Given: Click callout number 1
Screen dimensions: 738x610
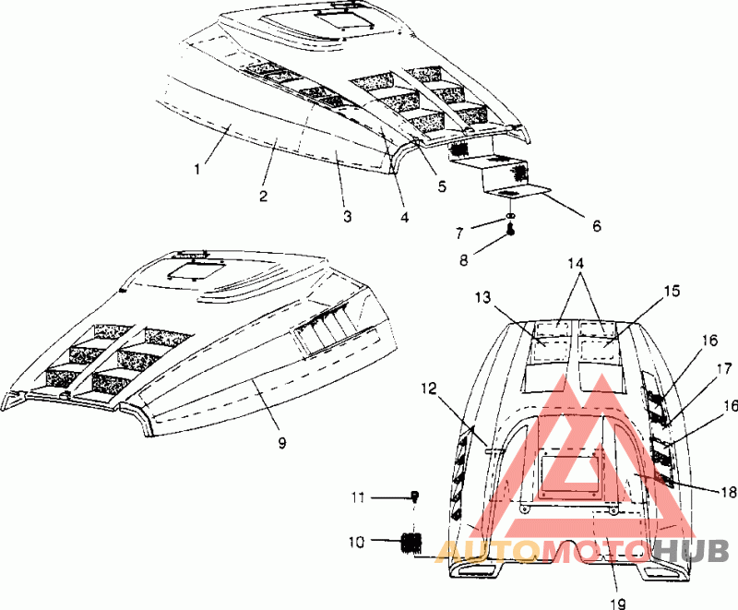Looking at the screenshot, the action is [x=197, y=170].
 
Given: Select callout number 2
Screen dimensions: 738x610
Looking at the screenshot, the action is [x=263, y=196].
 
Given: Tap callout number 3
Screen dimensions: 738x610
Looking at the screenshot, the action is [x=347, y=216].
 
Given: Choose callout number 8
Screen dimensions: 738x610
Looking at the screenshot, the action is [x=462, y=260].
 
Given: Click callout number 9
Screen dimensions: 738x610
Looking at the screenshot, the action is [x=282, y=444].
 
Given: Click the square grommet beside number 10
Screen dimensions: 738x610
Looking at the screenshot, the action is [x=410, y=542].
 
